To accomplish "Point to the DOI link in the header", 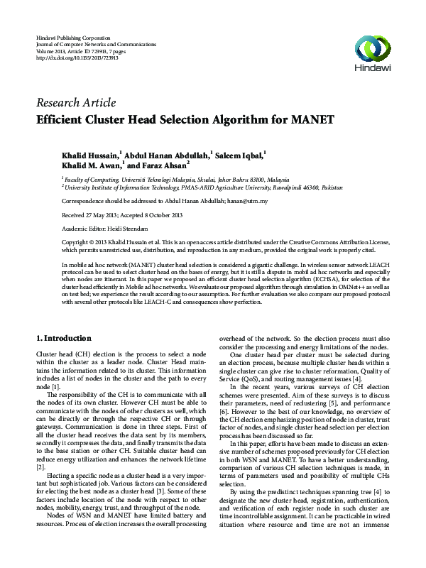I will pyautogui.click(x=77, y=58).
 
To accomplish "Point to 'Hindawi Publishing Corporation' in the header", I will pyautogui.click(x=73, y=36).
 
